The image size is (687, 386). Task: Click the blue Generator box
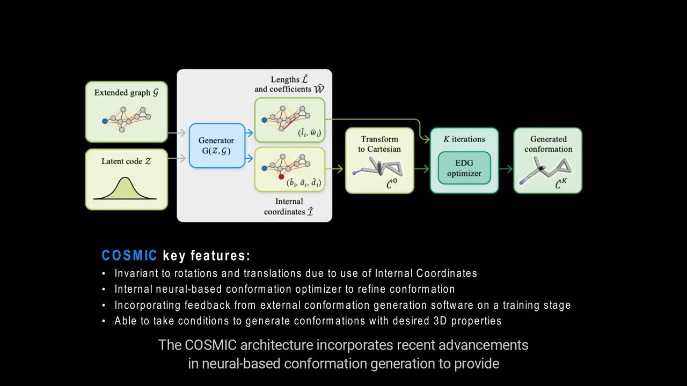pos(217,146)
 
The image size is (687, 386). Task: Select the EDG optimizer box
pos(464,168)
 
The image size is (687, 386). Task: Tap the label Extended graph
pos(126,93)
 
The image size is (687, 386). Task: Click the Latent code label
pos(126,161)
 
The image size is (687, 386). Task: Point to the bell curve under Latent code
pos(125,189)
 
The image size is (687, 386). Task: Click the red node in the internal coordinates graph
pos(281,176)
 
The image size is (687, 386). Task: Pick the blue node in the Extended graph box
pos(105,121)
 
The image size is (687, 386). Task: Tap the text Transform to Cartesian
pos(379,144)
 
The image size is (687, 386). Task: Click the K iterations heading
pos(464,139)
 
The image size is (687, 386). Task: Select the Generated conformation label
pos(548,144)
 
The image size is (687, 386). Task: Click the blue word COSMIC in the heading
pos(129,256)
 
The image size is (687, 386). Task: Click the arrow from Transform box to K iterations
pos(422,169)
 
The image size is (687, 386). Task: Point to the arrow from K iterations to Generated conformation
pos(506,169)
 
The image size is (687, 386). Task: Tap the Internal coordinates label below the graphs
pos(289,206)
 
